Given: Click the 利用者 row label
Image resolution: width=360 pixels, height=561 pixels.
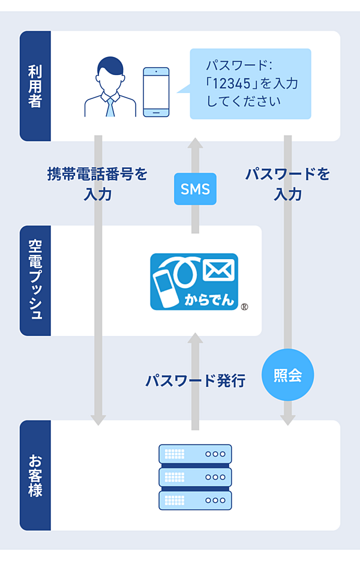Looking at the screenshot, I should click(35, 86).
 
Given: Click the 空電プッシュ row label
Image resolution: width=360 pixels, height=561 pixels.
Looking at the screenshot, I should click(35, 280).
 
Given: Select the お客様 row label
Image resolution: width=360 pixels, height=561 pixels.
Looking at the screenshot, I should click(35, 475).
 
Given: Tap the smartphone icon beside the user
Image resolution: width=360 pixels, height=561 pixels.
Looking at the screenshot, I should click(156, 92).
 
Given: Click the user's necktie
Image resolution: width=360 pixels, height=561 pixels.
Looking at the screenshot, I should click(110, 106).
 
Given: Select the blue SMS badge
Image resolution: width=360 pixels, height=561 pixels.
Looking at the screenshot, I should click(195, 190).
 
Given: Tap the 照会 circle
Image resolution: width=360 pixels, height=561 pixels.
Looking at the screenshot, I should click(288, 375).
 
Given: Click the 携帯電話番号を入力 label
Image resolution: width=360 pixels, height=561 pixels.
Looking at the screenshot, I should click(97, 184).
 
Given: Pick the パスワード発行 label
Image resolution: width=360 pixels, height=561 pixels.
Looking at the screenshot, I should click(195, 380).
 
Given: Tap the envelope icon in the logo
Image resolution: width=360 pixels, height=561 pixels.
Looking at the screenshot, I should click(218, 271).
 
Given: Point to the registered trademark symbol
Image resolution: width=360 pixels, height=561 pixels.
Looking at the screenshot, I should click(244, 307).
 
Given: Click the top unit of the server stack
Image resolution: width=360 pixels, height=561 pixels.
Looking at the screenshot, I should click(195, 454).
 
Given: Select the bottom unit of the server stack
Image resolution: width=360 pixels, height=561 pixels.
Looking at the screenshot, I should click(195, 500).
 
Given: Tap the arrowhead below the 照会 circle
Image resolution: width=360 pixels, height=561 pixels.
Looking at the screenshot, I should click(288, 419).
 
